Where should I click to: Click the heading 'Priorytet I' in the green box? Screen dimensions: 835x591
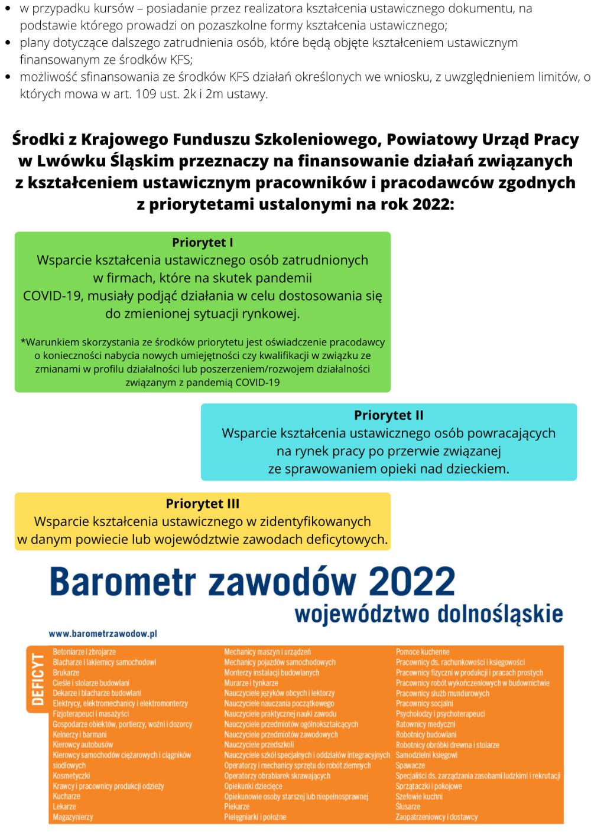point(202,243)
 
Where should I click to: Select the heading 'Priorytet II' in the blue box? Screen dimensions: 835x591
point(388,415)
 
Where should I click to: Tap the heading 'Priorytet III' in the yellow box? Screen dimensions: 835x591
point(202,504)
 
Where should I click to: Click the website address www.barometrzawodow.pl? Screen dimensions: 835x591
point(102,634)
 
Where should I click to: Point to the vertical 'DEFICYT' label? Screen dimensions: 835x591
point(37,679)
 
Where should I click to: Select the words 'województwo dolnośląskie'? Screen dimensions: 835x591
point(428,614)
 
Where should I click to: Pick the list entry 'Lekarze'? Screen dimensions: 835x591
point(64,807)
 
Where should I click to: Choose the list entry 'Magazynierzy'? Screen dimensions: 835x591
point(73,817)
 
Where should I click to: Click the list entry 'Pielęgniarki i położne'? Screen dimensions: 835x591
point(255,817)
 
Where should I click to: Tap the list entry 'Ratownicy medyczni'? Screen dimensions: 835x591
point(426,725)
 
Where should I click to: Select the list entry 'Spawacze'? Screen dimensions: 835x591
point(410,765)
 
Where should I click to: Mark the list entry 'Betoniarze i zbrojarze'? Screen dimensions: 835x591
point(84,652)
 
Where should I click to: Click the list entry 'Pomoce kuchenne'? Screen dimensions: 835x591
point(423,652)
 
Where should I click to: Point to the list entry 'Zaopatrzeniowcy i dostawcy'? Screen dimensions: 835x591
point(436,817)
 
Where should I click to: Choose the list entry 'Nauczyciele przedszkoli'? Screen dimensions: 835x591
point(259,745)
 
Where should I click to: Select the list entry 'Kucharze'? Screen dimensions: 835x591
point(66,797)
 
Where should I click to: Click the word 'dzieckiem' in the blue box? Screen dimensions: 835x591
point(477,469)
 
